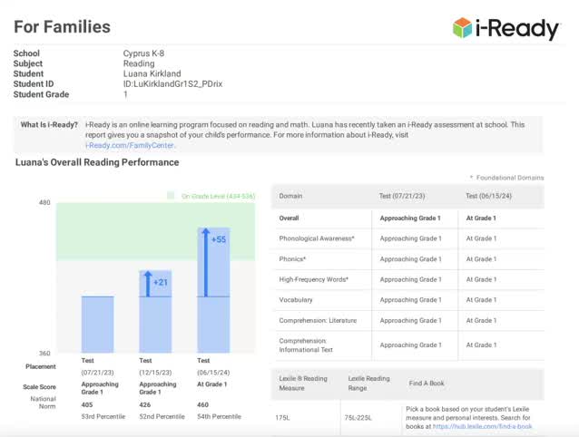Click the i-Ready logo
coord(506,28)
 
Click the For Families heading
coord(62,27)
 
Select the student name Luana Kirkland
coord(152,73)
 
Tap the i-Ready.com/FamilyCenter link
coord(131,145)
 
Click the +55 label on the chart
coord(219,239)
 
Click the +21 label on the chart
coord(161,282)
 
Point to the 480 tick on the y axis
coord(44,203)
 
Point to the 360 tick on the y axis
coord(44,354)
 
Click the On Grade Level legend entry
coord(211,196)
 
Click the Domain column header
coord(290,196)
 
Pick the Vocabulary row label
coord(295,300)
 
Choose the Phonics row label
coord(291,258)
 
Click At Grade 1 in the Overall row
coord(482,218)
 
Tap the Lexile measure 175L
coord(282,416)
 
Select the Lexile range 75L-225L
coord(361,416)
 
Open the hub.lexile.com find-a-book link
coord(482,426)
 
